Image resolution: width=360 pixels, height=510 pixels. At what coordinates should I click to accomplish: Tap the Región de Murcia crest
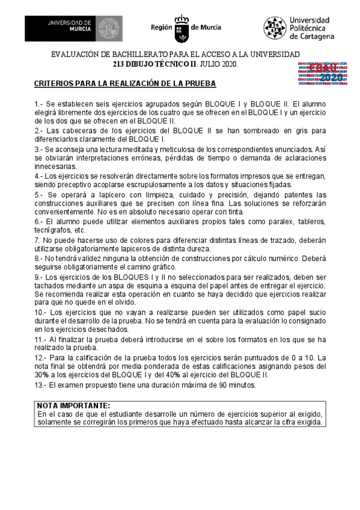pos(182,28)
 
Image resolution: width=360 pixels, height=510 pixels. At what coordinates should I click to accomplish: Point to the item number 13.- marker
pos(40,384)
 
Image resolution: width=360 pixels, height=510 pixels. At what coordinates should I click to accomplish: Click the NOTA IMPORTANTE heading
pos(73,405)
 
